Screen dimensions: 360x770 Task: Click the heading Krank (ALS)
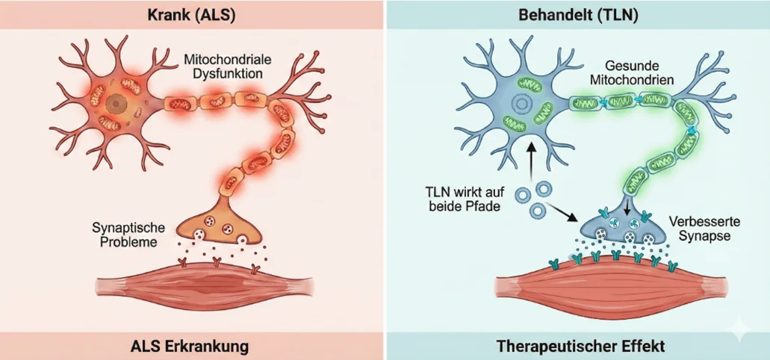point(192,15)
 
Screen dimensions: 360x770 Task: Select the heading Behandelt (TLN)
point(577,15)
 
